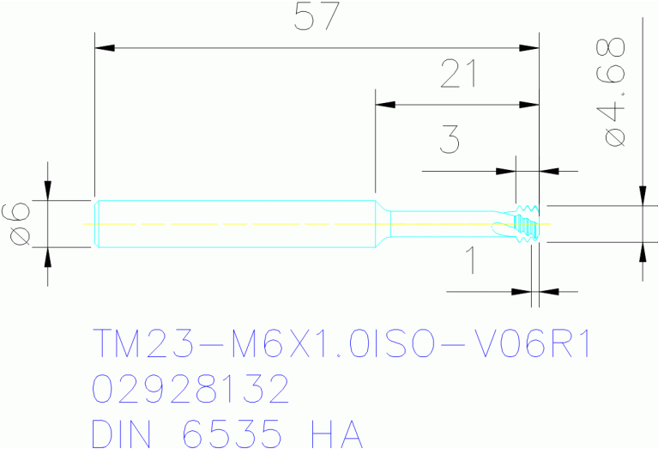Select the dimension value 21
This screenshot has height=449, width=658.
click(x=459, y=76)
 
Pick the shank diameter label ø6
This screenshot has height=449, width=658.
click(x=19, y=224)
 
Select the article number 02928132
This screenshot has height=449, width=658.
click(x=190, y=391)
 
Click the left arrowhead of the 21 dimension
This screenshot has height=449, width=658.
click(x=385, y=106)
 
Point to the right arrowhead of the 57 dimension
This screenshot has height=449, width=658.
click(x=529, y=47)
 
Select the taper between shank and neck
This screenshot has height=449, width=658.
click(x=383, y=224)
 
